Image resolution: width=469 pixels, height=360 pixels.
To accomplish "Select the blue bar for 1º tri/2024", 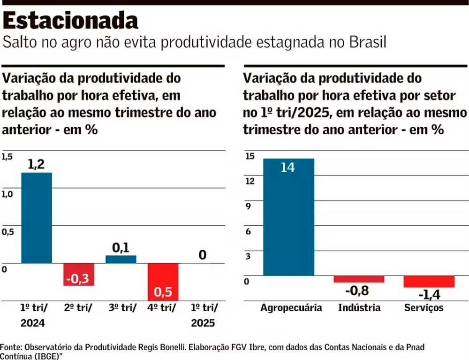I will pyautogui.click(x=37, y=218).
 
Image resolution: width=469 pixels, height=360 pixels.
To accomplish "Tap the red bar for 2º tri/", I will pyautogui.click(x=79, y=274).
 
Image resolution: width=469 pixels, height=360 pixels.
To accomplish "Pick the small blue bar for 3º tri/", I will pyautogui.click(x=121, y=259).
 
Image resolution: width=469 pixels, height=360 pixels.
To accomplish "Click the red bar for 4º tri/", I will pyautogui.click(x=163, y=282).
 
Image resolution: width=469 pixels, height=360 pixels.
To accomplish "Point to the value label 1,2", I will pyautogui.click(x=37, y=164).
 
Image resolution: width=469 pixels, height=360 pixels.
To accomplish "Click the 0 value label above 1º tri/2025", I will pyautogui.click(x=202, y=255).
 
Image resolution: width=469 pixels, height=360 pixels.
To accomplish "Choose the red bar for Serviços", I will pyautogui.click(x=429, y=282).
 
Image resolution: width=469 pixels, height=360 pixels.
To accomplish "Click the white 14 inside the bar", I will pyautogui.click(x=287, y=167).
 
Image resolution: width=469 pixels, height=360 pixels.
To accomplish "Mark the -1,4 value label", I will pyautogui.click(x=429, y=295).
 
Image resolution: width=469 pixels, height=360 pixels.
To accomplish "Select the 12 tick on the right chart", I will pyautogui.click(x=250, y=181).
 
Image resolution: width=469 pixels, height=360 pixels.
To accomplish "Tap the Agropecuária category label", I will pyautogui.click(x=291, y=308).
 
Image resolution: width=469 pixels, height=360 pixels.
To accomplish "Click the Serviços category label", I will pyautogui.click(x=424, y=308).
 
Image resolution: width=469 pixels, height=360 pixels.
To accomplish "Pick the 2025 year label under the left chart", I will pyautogui.click(x=203, y=323).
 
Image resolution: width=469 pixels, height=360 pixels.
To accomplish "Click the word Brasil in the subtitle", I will pyautogui.click(x=368, y=42).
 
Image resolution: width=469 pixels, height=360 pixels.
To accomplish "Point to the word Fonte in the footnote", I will pyautogui.click(x=10, y=347).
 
